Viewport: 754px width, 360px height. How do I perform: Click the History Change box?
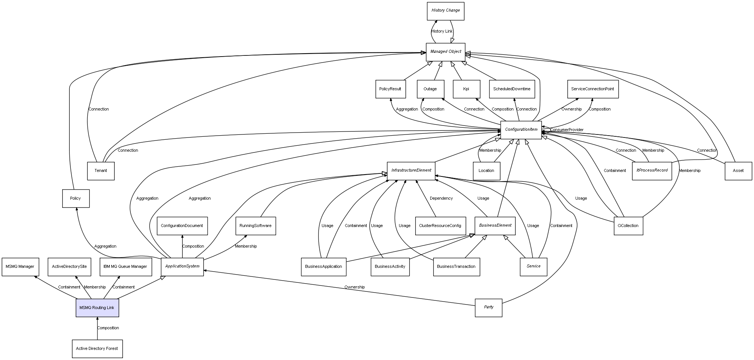pos(446,11)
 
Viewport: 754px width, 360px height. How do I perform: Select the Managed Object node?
pos(446,52)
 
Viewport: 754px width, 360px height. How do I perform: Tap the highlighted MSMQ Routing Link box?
pos(97,308)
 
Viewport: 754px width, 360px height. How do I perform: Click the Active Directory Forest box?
pos(97,348)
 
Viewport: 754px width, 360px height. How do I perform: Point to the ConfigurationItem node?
pos(521,130)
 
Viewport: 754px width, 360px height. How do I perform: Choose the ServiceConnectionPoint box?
pos(592,89)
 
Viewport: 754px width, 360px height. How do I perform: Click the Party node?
pos(488,307)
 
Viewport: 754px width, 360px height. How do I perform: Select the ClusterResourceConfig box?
pos(440,226)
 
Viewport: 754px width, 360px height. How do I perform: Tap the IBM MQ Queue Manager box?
pos(126,267)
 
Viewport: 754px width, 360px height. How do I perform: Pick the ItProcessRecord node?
pos(652,170)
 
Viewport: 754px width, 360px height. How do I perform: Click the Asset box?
pos(738,171)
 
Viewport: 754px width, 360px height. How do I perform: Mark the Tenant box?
pos(101,171)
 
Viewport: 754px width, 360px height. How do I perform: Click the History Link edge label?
pos(442,31)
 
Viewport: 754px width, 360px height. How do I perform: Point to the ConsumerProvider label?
pos(567,130)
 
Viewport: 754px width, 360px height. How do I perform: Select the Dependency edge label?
pos(441,199)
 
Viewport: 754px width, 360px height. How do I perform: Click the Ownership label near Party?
pos(355,287)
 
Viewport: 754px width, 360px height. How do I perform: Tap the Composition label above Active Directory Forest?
pos(108,328)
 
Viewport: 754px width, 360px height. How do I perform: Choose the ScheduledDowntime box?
pos(512,89)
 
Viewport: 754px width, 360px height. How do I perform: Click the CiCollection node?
pos(628,226)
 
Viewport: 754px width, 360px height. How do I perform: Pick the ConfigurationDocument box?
pos(182,226)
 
